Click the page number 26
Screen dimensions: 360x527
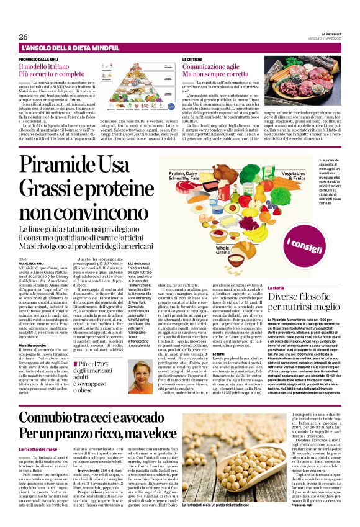[22, 37]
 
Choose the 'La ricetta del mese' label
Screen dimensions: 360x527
[38, 449]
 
